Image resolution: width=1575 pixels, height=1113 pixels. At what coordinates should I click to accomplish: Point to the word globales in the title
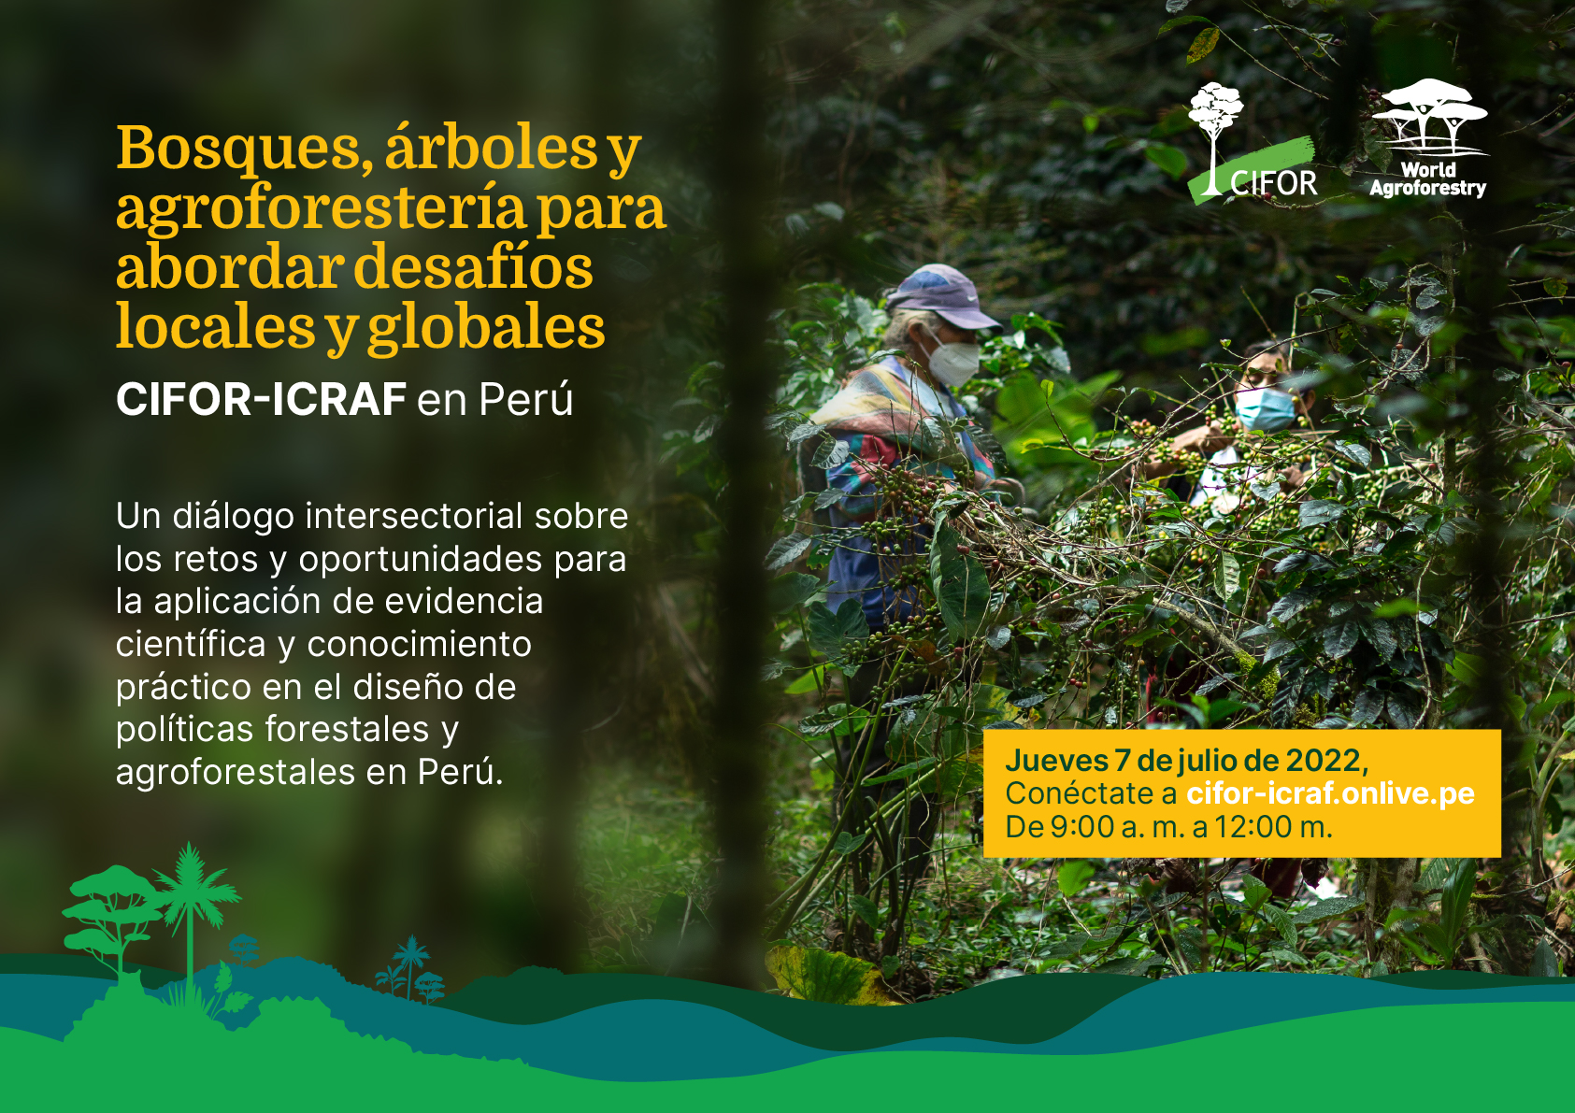tap(486, 328)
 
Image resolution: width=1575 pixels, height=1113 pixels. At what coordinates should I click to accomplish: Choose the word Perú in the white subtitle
tap(526, 398)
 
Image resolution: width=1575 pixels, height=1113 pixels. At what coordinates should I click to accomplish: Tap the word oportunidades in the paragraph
tap(421, 561)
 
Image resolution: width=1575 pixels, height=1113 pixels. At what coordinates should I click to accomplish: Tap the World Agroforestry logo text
tap(1428, 180)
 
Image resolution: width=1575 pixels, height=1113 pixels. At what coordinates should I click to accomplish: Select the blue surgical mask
tap(1265, 407)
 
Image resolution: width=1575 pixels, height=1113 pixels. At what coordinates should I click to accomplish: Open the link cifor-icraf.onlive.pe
tap(1330, 793)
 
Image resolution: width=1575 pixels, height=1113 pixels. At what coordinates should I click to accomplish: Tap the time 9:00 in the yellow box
tap(1082, 828)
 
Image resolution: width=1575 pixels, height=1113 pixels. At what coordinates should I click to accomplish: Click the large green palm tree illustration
tap(191, 914)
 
